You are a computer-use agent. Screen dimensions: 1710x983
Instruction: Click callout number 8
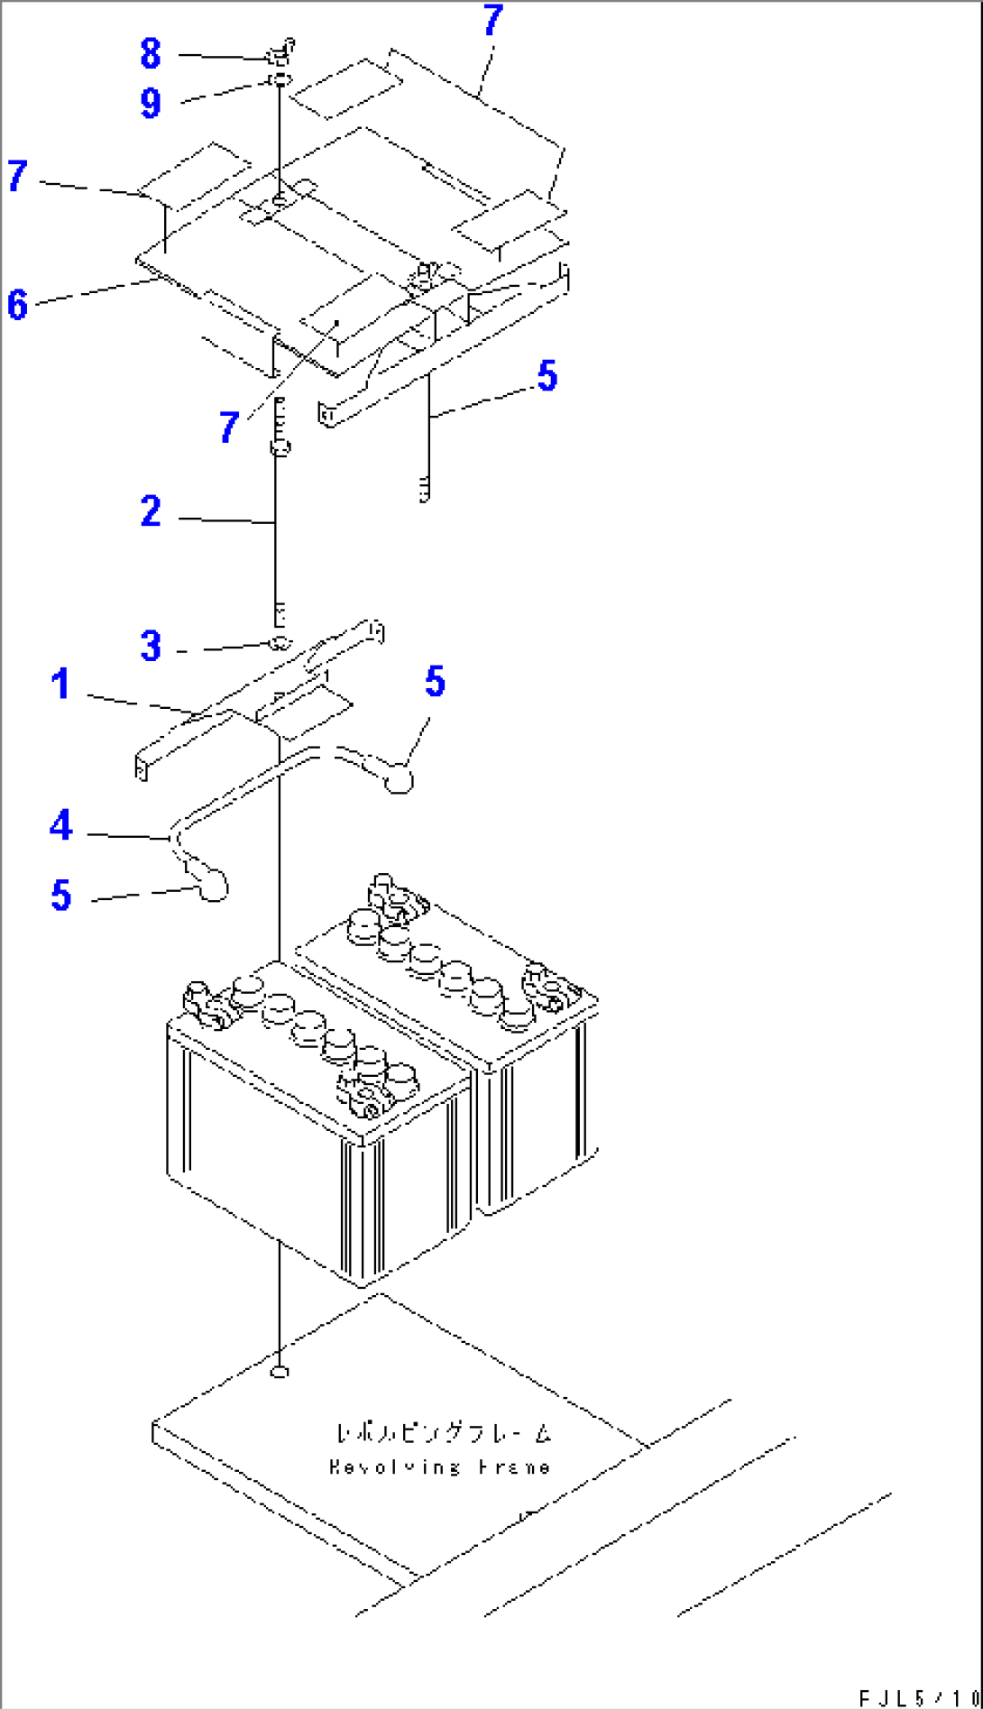150,53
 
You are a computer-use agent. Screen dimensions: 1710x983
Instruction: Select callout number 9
150,103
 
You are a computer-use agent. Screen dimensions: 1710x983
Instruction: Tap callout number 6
17,304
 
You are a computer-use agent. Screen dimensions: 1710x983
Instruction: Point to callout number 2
151,511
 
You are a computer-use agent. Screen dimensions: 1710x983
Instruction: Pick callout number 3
151,646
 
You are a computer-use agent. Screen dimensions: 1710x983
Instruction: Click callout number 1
60,684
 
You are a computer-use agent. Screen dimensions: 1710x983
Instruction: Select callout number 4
60,824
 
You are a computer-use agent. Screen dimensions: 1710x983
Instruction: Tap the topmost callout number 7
492,20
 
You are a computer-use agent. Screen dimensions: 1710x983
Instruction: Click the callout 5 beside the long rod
547,375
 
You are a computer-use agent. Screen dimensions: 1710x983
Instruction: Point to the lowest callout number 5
60,895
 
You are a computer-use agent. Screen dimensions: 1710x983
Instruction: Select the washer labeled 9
280,82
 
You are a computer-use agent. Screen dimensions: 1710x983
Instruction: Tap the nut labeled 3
279,643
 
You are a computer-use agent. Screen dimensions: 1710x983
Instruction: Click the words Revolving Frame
439,1466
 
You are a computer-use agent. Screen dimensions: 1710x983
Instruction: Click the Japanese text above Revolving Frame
442,1432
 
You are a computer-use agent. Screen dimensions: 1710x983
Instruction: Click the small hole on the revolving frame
280,1372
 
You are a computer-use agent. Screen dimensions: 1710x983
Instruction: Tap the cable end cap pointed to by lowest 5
213,887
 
